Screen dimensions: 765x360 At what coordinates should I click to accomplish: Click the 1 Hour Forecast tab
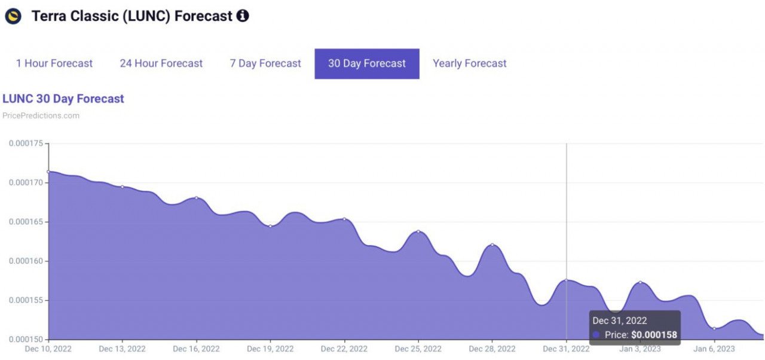point(54,63)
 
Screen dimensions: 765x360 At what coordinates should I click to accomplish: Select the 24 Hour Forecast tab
point(161,63)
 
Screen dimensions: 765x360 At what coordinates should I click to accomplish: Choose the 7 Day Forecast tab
point(265,63)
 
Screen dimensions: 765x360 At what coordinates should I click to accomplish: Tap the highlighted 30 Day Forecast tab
point(367,64)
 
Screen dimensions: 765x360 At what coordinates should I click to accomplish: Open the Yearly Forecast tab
point(470,63)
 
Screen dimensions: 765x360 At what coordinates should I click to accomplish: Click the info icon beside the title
point(243,16)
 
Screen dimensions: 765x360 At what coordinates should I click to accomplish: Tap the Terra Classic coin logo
point(13,16)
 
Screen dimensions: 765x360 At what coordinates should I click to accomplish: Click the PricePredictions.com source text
point(41,116)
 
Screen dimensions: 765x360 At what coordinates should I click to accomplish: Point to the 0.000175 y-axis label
point(26,144)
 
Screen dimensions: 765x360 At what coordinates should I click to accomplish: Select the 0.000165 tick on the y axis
point(26,222)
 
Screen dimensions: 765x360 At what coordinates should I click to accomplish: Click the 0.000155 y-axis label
point(26,301)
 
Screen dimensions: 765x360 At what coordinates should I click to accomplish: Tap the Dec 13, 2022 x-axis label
point(123,349)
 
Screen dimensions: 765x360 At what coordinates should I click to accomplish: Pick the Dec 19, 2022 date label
point(270,349)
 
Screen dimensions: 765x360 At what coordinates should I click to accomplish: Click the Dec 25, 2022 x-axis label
point(418,349)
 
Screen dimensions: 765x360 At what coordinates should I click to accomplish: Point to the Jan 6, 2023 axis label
point(714,349)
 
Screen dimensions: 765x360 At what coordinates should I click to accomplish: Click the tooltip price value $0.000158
point(654,335)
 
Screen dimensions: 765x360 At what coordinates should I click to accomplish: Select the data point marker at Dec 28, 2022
point(492,245)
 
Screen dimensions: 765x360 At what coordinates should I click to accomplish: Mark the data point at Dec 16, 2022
point(197,198)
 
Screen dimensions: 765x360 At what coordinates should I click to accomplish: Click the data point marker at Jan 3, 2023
point(640,282)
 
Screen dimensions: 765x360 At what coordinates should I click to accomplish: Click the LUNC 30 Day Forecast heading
point(63,99)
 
